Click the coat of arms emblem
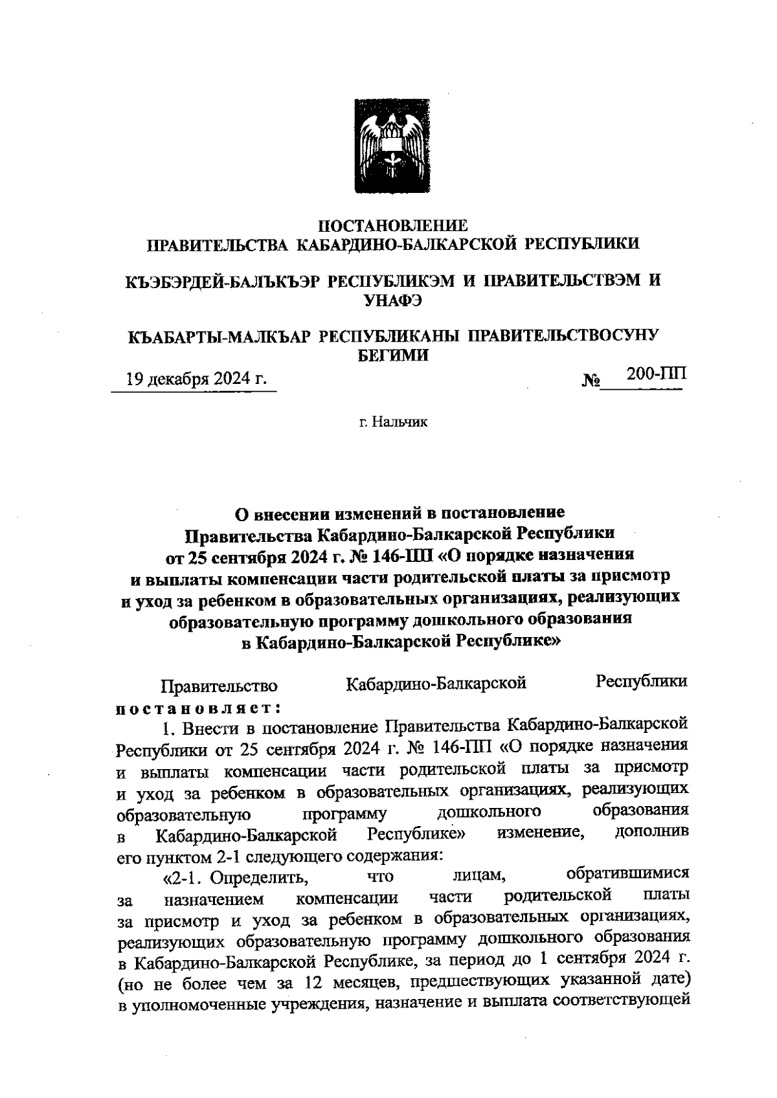point(389,146)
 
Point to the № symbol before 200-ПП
point(591,381)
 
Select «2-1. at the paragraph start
point(184,879)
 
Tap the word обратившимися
point(627,874)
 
